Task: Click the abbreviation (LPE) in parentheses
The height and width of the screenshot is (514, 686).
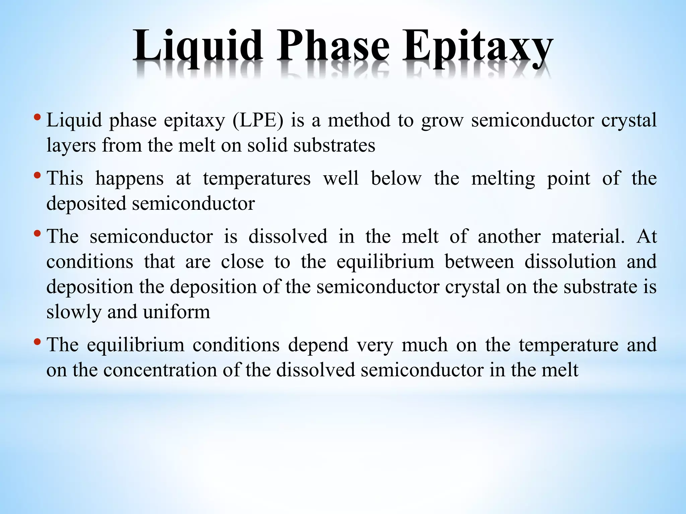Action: pyautogui.click(x=258, y=120)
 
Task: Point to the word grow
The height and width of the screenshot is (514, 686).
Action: pyautogui.click(x=442, y=121)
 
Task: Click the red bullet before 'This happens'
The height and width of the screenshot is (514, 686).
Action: pyautogui.click(x=37, y=175)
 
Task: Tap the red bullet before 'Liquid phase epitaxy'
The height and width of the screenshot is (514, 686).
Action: pyautogui.click(x=37, y=117)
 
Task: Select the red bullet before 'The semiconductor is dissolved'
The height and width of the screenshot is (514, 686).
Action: pyautogui.click(x=37, y=233)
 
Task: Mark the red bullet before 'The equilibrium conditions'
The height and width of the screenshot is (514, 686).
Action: pyautogui.click(x=37, y=342)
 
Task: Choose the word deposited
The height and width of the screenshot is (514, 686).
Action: pyautogui.click(x=86, y=204)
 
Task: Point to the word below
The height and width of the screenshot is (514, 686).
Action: pyautogui.click(x=396, y=178)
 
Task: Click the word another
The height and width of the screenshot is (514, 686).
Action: pyautogui.click(x=509, y=237)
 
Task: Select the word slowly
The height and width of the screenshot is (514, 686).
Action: pyautogui.click(x=73, y=312)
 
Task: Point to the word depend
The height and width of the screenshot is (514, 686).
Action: pyautogui.click(x=318, y=345)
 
